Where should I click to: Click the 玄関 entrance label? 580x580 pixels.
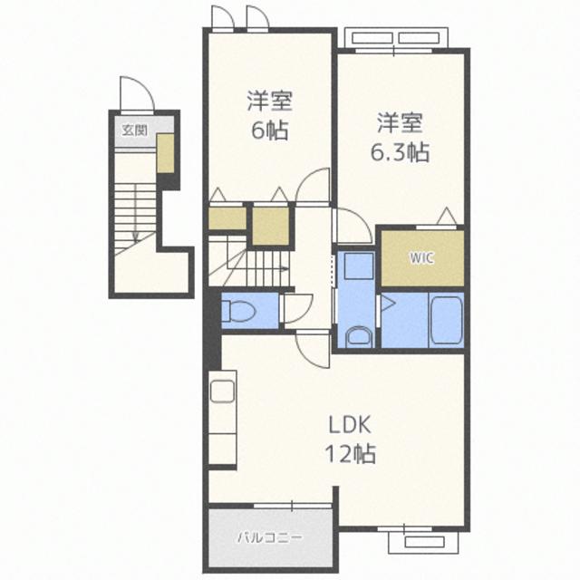tap(135, 130)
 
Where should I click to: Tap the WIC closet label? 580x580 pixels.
tap(421, 257)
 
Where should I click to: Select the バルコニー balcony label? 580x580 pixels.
tap(270, 537)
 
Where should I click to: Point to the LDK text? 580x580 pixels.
tap(350, 425)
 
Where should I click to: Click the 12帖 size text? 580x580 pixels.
tap(350, 454)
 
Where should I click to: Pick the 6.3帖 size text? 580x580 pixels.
tap(400, 152)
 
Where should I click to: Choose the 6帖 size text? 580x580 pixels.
tap(270, 130)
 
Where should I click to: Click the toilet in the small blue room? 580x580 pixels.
tap(239, 310)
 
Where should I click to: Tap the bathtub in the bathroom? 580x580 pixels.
tap(446, 320)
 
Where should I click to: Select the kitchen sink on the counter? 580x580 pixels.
tap(222, 391)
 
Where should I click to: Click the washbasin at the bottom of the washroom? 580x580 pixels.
tap(359, 337)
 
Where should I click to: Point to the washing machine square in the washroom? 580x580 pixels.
tap(359, 266)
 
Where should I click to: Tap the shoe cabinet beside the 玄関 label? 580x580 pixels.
tap(165, 153)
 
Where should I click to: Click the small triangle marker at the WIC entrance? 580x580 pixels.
tap(447, 216)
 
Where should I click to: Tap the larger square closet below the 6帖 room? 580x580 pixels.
tap(270, 226)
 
